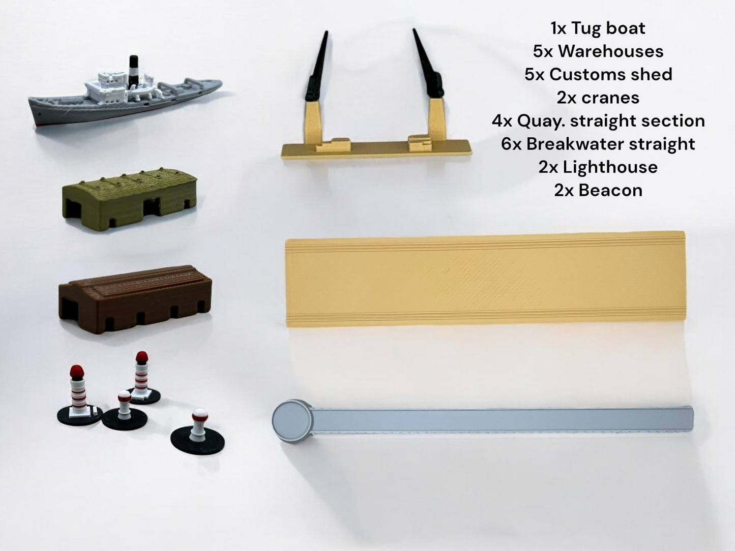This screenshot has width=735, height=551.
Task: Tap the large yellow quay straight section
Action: (x=486, y=278)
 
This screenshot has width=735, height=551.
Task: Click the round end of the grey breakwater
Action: (x=292, y=420)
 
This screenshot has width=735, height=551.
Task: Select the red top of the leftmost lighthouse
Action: (x=77, y=372)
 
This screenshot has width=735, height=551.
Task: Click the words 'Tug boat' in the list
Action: (x=608, y=28)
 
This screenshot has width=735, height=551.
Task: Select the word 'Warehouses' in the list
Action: (x=611, y=51)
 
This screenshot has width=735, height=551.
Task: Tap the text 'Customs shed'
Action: (x=611, y=74)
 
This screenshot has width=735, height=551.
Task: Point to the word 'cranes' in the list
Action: (x=610, y=98)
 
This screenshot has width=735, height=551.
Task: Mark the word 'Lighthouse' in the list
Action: (x=610, y=167)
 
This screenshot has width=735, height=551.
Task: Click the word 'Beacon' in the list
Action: (x=610, y=190)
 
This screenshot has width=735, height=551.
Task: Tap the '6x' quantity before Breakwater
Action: (x=512, y=144)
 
